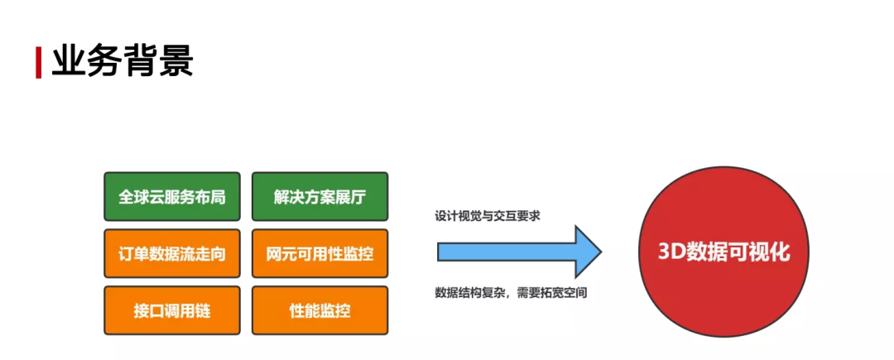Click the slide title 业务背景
122,61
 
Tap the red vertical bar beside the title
39,63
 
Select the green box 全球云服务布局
172,197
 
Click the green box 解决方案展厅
320,197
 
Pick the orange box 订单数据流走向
172,253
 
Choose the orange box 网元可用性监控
320,253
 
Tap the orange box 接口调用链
172,311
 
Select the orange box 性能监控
320,311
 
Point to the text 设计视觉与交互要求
488,216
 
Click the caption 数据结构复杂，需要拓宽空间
511,292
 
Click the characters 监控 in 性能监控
335,311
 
